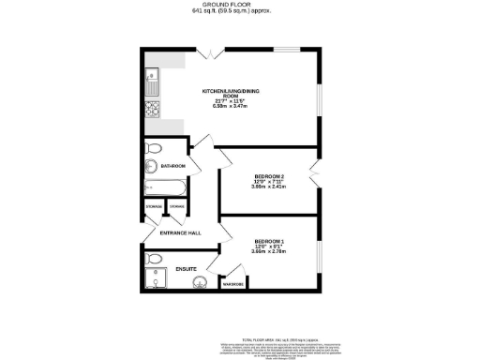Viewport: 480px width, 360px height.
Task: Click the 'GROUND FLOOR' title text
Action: (x=239, y=5)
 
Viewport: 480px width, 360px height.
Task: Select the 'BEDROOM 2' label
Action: (x=268, y=176)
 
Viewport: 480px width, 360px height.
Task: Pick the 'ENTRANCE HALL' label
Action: (x=180, y=232)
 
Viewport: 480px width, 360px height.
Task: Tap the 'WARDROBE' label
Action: (x=232, y=283)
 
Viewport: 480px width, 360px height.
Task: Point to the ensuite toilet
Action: (x=155, y=259)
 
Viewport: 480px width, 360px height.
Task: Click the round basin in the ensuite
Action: (x=200, y=285)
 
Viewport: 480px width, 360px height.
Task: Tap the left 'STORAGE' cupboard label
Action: (x=153, y=206)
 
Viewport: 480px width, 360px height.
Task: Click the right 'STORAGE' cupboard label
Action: (x=175, y=206)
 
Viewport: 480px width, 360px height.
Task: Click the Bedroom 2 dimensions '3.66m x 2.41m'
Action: (x=268, y=187)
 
